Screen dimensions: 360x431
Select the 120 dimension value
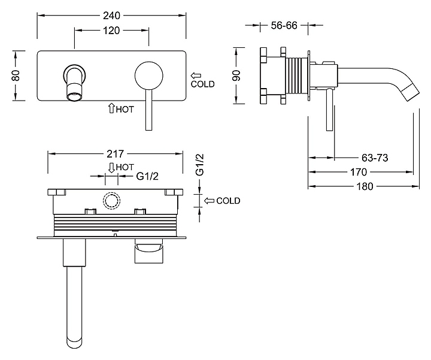[112, 30]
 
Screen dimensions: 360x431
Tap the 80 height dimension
[17, 76]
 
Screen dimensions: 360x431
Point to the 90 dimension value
[236, 76]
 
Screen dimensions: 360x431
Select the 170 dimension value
[359, 172]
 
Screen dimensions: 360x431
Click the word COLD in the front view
[202, 84]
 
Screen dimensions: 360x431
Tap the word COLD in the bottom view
[228, 201]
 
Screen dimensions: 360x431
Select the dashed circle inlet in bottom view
[111, 201]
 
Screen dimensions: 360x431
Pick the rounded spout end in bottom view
[75, 341]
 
